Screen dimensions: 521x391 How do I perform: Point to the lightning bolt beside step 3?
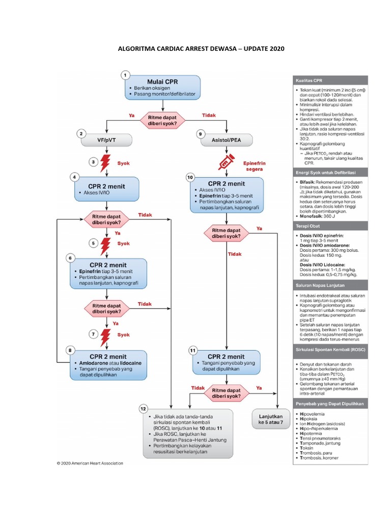point(105,163)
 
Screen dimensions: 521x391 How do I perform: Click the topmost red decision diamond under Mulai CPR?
point(162,119)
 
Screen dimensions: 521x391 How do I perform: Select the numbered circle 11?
point(192,351)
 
